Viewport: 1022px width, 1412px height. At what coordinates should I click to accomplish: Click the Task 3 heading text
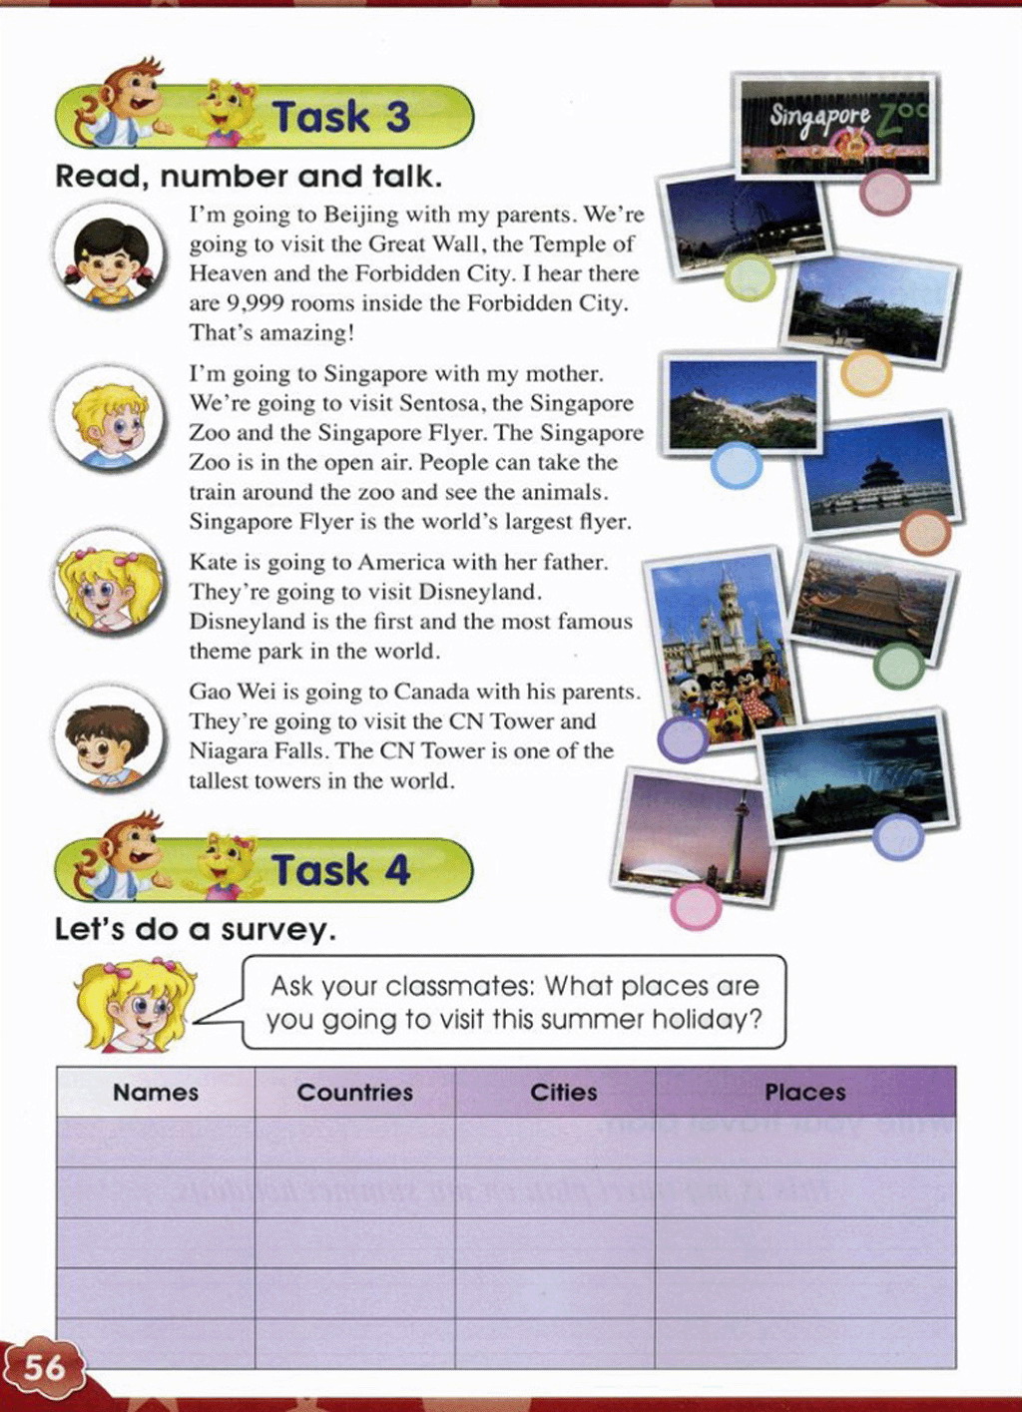coord(341,117)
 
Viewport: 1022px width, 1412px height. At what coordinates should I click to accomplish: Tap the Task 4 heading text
coord(341,870)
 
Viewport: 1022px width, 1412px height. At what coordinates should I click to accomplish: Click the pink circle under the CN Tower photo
coord(696,906)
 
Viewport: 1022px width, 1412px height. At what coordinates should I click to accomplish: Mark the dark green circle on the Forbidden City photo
coord(898,666)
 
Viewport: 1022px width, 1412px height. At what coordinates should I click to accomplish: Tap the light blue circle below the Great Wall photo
coord(737,465)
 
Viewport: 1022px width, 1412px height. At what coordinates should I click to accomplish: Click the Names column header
coord(156,1093)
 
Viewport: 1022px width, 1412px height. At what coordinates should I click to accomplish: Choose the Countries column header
coord(354,1093)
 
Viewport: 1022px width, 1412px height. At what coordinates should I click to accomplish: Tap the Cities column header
coord(564,1093)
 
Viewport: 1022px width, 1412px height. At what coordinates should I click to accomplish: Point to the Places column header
coord(804,1093)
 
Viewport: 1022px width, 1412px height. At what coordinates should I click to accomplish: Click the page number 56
coord(45,1366)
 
